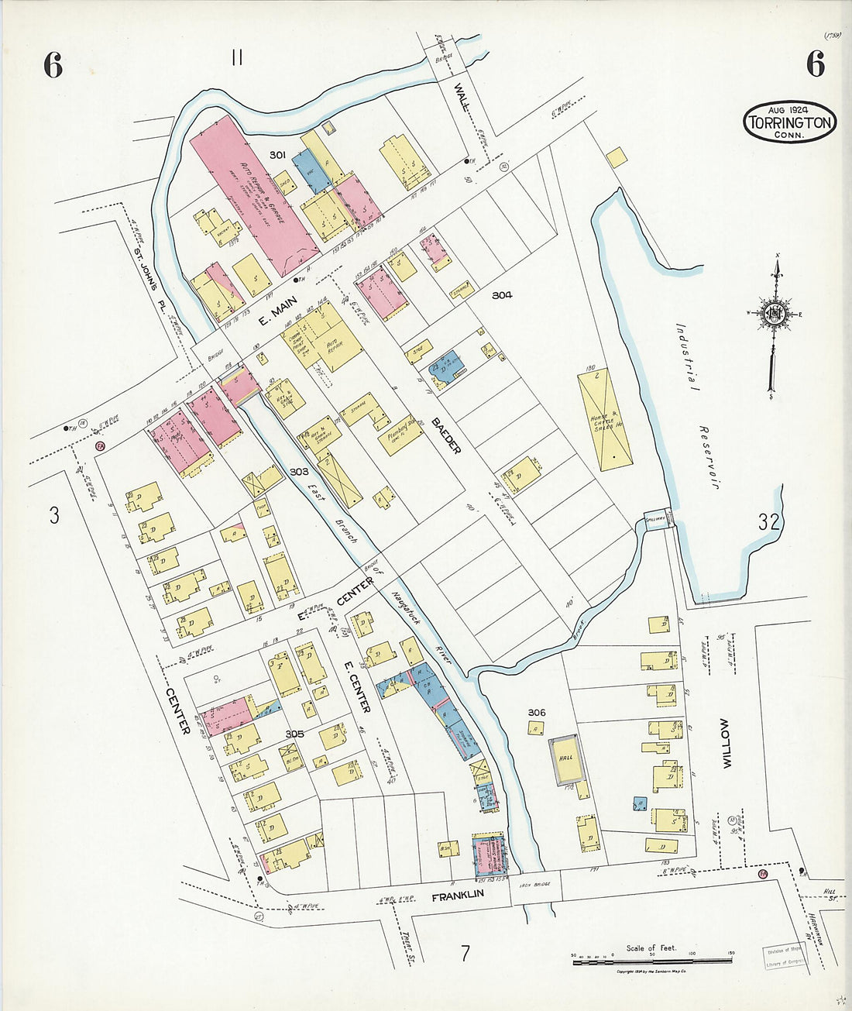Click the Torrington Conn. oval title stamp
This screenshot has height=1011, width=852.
(x=789, y=122)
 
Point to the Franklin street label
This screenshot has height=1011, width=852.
(x=457, y=893)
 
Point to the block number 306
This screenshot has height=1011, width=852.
(x=536, y=712)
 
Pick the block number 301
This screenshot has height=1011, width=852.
(x=278, y=155)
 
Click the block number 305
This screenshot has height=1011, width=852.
(x=294, y=733)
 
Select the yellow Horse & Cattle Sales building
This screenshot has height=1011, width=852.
(x=605, y=419)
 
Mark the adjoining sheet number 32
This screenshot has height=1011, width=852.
(x=768, y=521)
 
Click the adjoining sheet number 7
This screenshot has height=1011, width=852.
(x=465, y=952)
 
